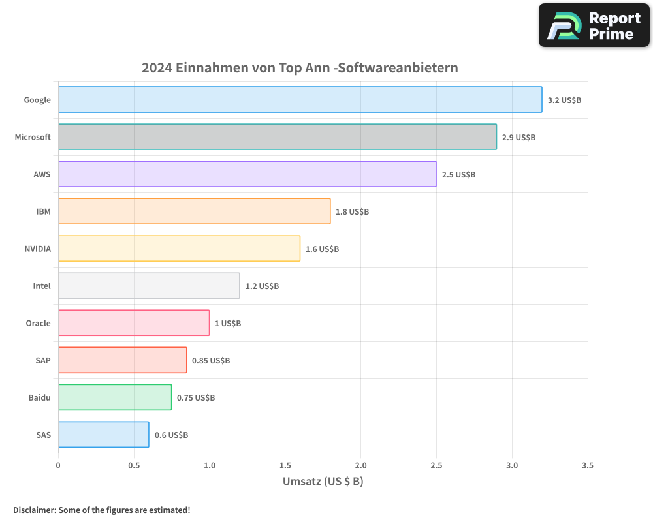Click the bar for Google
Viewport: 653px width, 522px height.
coord(300,100)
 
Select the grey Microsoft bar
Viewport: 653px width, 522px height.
coord(277,137)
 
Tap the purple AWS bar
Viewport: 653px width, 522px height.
coord(247,174)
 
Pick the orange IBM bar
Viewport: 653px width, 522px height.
coord(194,211)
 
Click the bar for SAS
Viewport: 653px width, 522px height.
coord(103,435)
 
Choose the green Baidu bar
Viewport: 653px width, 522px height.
coord(115,397)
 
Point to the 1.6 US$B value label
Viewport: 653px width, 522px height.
coord(322,249)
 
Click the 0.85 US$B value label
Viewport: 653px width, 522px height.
coord(210,360)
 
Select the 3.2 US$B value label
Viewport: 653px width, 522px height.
coord(564,100)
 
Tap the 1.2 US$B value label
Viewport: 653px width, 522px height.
coord(262,286)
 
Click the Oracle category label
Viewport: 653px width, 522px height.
coord(38,323)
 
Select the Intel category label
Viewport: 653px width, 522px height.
coord(42,286)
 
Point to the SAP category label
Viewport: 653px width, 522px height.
coord(43,360)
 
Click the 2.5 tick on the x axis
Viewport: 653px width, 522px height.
coord(436,465)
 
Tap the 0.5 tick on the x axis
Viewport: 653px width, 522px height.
coord(134,465)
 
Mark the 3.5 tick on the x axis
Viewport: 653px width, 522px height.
coord(588,465)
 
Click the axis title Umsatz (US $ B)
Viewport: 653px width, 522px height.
coord(323,482)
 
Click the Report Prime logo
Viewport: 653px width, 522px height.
coord(594,25)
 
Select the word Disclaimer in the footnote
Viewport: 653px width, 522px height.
coord(33,510)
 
